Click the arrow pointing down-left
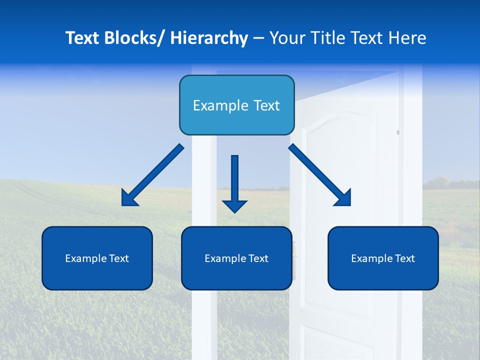tap(152, 175)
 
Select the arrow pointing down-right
tap(320, 175)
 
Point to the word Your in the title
tap(285, 38)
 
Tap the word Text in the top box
tap(265, 105)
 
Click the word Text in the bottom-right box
tap(404, 258)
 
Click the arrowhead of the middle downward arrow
tap(234, 205)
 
